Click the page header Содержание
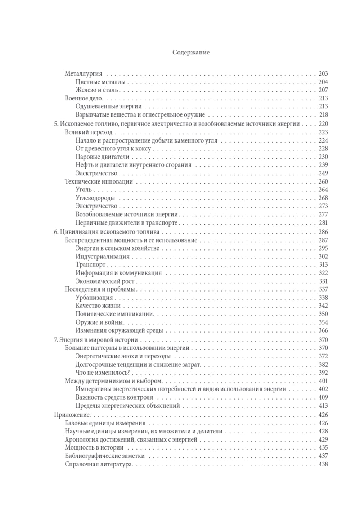pos(191,53)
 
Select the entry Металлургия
pos(84,74)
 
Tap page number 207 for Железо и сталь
pos(323,90)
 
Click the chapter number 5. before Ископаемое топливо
pos(56,124)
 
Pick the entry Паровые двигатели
pos(102,157)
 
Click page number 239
pos(323,165)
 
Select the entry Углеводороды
pos(95,198)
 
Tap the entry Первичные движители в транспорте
pos(127,223)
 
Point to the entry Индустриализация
pos(103,257)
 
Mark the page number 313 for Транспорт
pos(323,265)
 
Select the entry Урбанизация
pos(94,298)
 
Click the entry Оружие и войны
pos(99,322)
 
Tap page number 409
pos(323,397)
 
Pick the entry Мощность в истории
pos(94,448)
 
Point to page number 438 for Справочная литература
pos(323,464)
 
